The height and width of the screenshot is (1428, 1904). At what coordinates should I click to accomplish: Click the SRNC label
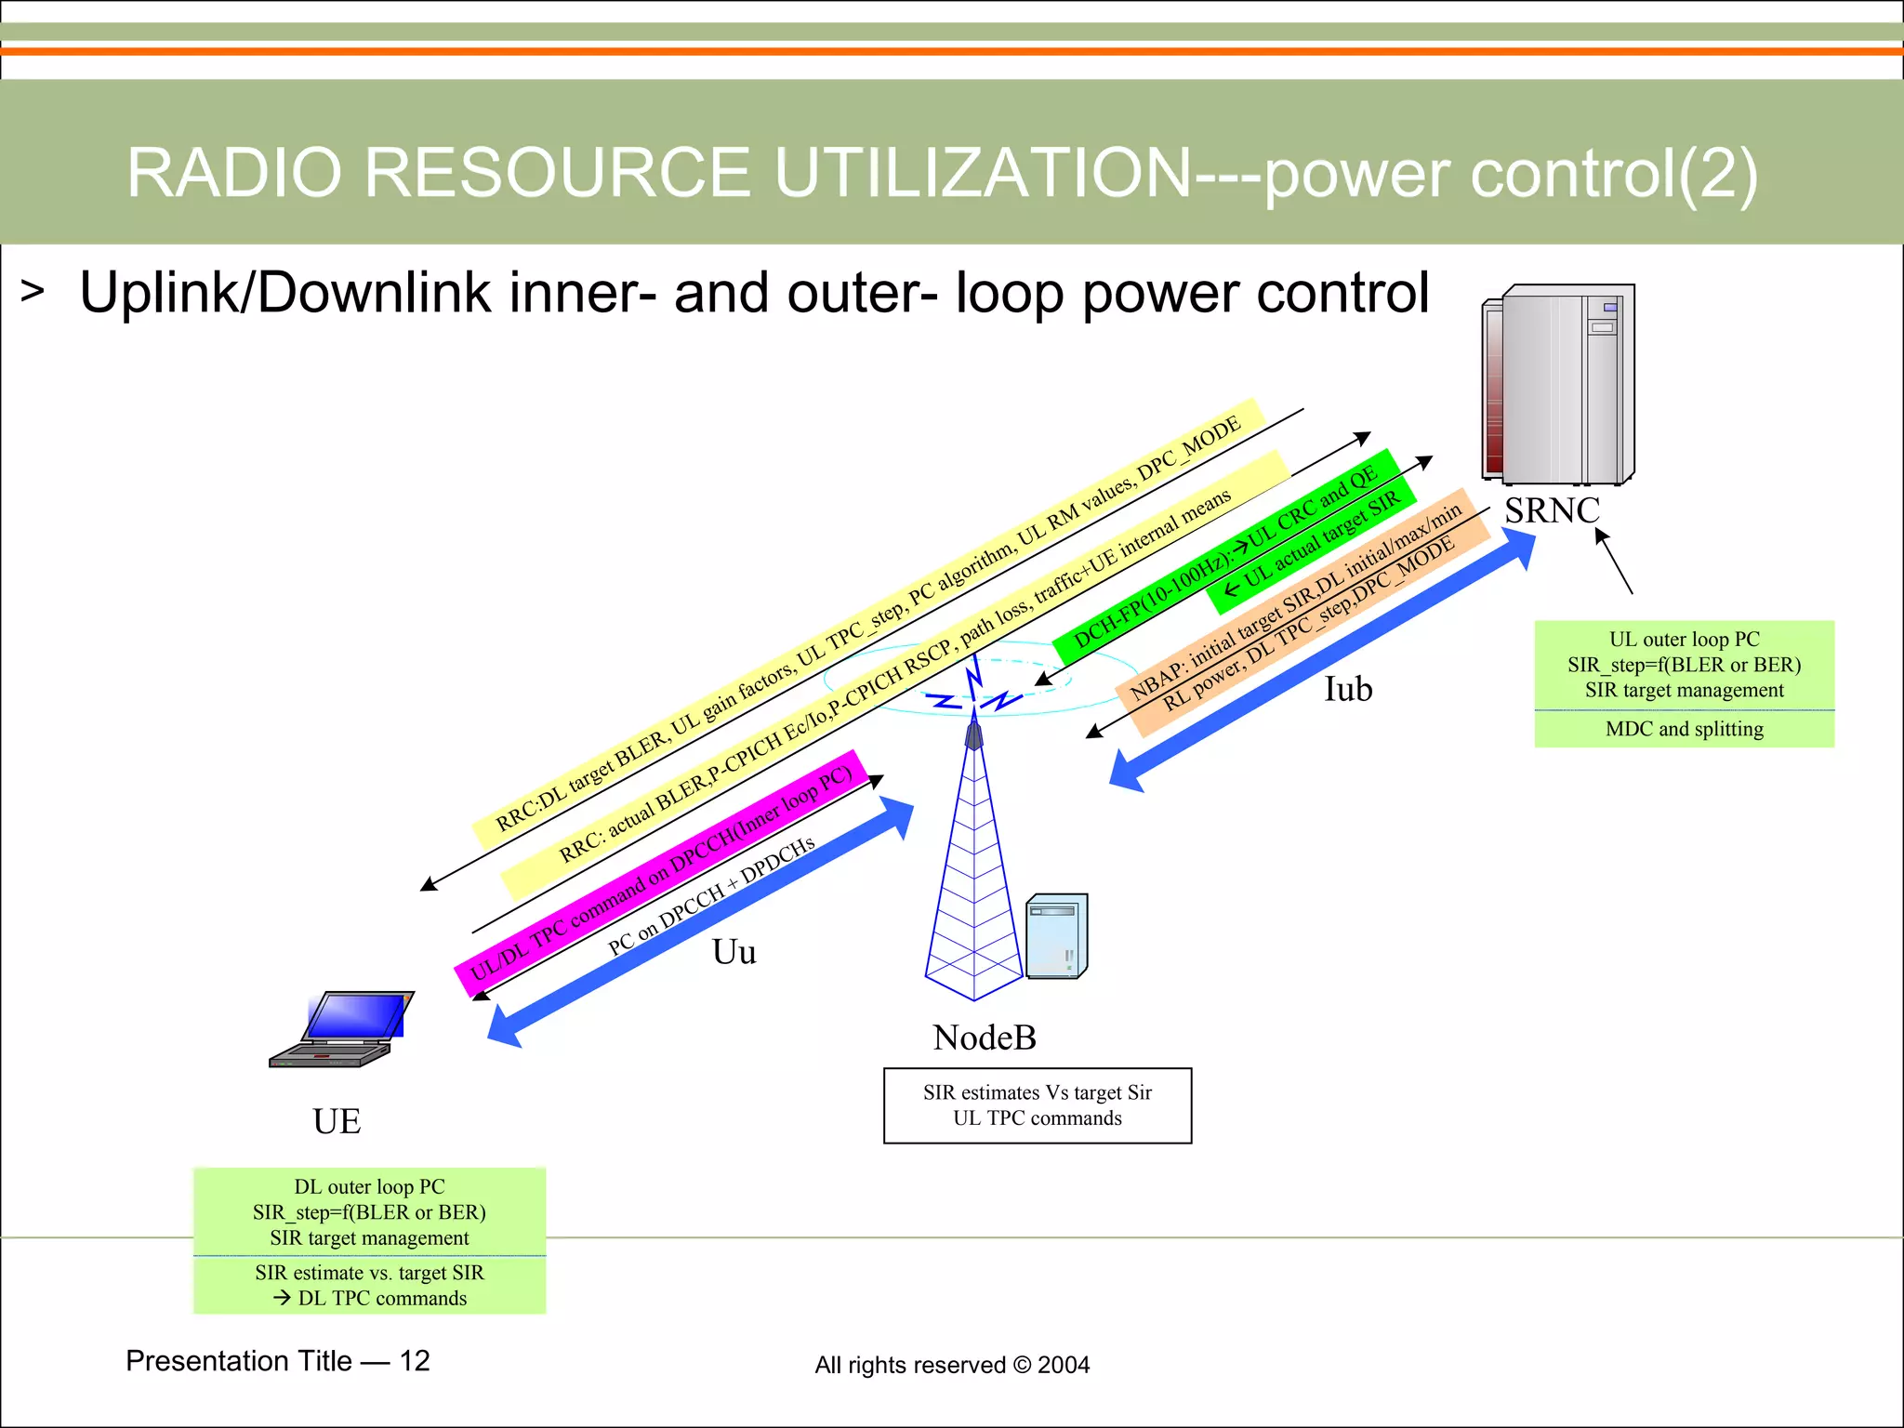(1552, 510)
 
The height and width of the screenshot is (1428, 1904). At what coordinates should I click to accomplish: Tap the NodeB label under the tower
(984, 1038)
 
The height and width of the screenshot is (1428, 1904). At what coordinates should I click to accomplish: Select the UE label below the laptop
(337, 1121)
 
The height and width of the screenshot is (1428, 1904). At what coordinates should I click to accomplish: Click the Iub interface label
(1347, 689)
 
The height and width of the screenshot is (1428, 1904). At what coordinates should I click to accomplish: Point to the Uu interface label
(734, 952)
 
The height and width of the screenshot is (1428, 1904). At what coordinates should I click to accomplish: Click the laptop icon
(343, 1029)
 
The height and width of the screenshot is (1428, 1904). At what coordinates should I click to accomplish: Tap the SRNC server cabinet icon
(1560, 385)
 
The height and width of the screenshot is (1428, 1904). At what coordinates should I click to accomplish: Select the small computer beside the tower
(1057, 936)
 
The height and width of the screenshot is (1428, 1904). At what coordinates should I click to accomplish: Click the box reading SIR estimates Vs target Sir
(1037, 1105)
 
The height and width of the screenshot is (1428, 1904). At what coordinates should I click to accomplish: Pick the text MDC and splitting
(1684, 729)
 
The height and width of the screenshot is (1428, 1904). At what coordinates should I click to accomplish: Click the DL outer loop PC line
(369, 1187)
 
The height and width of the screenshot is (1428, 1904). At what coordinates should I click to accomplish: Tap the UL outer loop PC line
(1684, 640)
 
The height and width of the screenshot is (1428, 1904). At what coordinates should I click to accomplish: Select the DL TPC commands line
(371, 1299)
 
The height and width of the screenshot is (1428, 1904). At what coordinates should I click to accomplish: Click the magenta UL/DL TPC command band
(660, 874)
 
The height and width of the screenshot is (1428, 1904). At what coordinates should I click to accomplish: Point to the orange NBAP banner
(1302, 614)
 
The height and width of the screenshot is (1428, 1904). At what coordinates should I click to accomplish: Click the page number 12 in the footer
(415, 1361)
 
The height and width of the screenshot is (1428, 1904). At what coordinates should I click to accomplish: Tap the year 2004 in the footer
(1064, 1365)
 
